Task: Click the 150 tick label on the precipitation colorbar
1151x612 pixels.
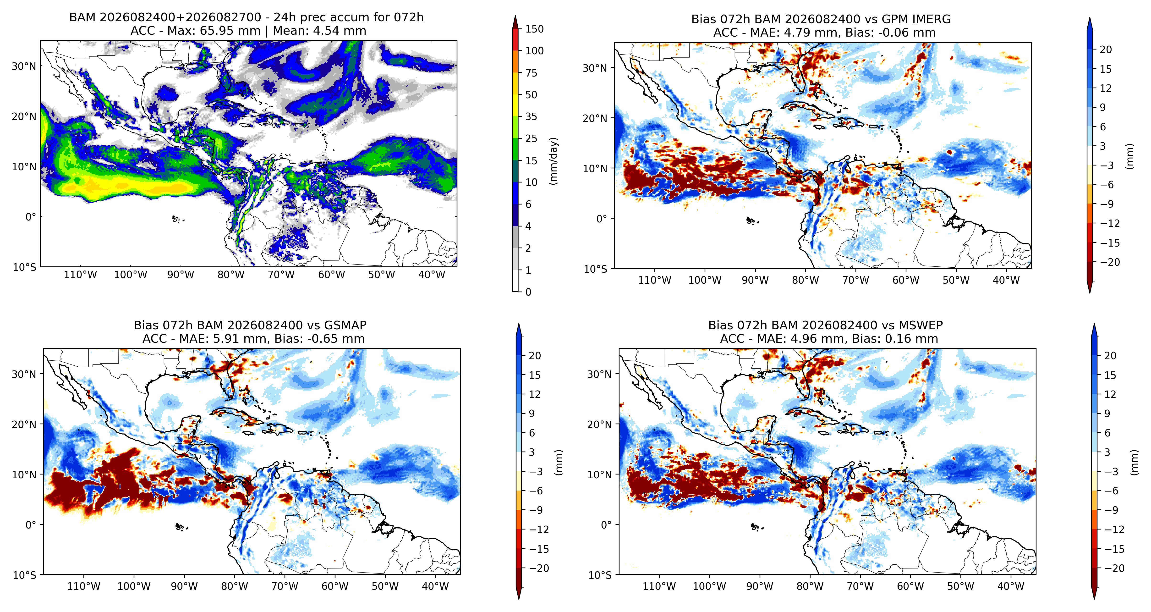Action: [534, 29]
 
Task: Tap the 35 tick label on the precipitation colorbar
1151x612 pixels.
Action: [531, 117]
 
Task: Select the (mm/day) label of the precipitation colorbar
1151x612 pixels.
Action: [554, 161]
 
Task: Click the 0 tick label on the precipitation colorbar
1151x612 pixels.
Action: [528, 292]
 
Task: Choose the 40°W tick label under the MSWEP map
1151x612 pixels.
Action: [1011, 586]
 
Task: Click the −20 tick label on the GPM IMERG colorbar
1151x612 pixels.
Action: [1110, 262]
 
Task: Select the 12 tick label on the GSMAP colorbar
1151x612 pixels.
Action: [535, 394]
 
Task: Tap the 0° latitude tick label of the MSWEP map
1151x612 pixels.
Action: [606, 525]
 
